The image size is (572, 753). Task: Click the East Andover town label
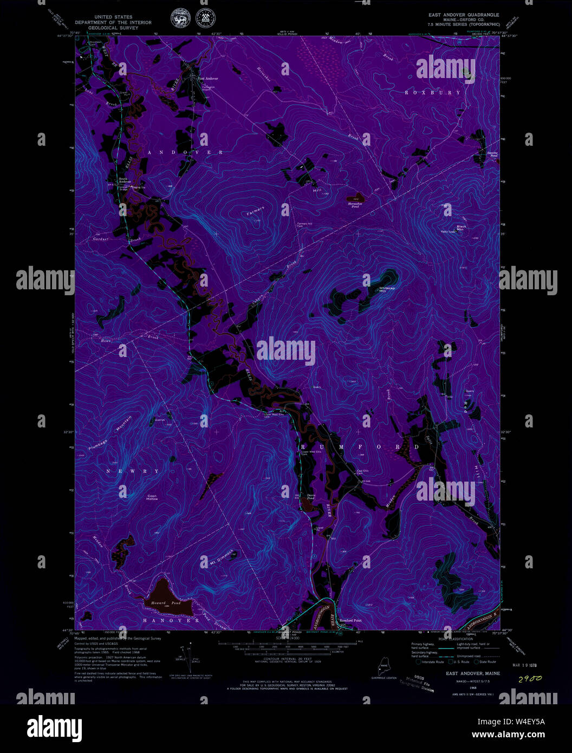point(208,79)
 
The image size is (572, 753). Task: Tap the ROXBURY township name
point(434,93)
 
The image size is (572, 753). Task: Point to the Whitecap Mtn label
point(387,289)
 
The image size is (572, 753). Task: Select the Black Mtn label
point(461,228)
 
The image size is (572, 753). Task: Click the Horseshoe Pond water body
point(355,199)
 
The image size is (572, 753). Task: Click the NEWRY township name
point(133,471)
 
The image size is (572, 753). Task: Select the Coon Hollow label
point(152,497)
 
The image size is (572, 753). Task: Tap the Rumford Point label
point(350,620)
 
